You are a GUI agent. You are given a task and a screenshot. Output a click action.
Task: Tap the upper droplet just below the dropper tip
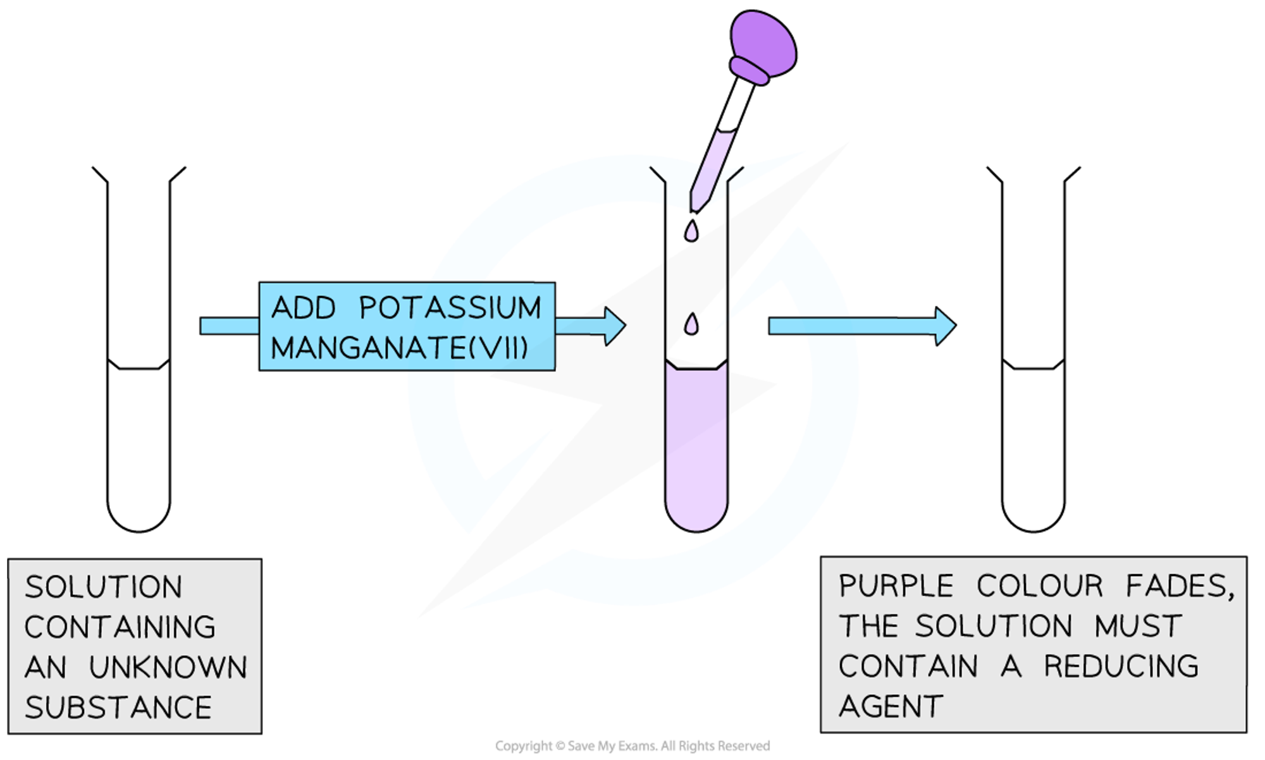pyautogui.click(x=691, y=232)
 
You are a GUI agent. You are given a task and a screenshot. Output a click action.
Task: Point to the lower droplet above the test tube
pyautogui.click(x=691, y=325)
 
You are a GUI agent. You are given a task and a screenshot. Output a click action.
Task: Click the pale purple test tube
pyautogui.click(x=696, y=449)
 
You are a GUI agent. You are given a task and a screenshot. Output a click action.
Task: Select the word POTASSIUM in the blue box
pyautogui.click(x=450, y=309)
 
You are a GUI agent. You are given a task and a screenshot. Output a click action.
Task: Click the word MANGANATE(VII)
pyautogui.click(x=400, y=348)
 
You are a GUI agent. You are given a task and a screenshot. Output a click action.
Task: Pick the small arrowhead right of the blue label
pyautogui.click(x=614, y=326)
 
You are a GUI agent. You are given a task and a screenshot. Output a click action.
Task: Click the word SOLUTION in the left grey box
pyautogui.click(x=104, y=587)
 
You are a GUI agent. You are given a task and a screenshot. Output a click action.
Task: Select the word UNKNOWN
pyautogui.click(x=168, y=668)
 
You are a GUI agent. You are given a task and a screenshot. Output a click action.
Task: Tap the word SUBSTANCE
pyautogui.click(x=118, y=708)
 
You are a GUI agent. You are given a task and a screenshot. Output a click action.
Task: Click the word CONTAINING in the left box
pyautogui.click(x=120, y=627)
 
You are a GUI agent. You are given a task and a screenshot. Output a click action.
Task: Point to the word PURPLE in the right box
pyautogui.click(x=896, y=586)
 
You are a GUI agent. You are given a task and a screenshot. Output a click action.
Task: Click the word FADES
pyautogui.click(x=1179, y=586)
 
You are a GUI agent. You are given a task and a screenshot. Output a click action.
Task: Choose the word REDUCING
pyautogui.click(x=1121, y=666)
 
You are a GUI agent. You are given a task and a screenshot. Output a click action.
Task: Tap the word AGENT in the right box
pyautogui.click(x=891, y=706)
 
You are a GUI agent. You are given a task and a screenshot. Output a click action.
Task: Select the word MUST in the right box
pyautogui.click(x=1138, y=627)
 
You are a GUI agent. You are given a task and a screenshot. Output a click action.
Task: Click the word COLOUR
pyautogui.click(x=1040, y=586)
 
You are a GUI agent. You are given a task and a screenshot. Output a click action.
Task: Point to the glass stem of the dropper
pyautogui.click(x=712, y=168)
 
